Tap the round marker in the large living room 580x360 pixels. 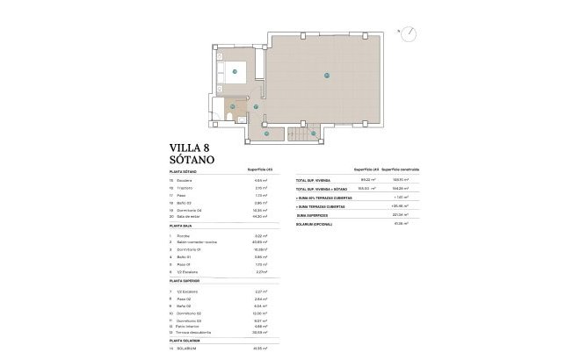point(326,75)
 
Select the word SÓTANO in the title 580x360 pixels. point(186,162)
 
